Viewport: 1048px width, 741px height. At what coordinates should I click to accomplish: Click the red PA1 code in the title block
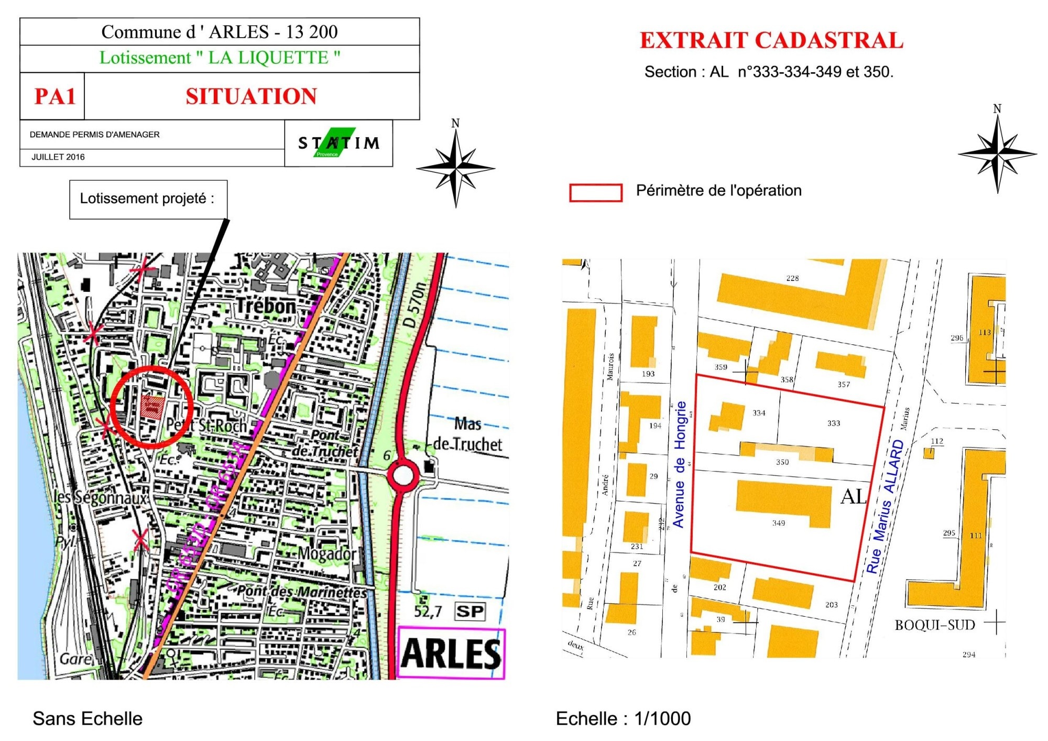click(x=54, y=96)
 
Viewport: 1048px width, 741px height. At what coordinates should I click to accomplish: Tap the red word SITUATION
click(x=251, y=96)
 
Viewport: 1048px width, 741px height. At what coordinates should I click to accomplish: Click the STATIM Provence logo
click(x=339, y=143)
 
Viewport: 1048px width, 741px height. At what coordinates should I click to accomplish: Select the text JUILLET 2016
click(x=58, y=157)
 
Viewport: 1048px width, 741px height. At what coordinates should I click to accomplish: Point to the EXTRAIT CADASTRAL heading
click(x=771, y=41)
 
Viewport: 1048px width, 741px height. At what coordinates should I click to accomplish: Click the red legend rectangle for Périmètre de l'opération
click(x=596, y=192)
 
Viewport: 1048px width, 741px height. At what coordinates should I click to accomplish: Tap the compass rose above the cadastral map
click(x=997, y=153)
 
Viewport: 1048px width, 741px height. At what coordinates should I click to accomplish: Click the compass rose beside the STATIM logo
click(x=455, y=168)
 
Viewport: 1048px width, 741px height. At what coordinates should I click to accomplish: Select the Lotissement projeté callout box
click(x=148, y=199)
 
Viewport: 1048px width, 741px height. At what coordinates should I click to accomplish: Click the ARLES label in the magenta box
click(x=451, y=653)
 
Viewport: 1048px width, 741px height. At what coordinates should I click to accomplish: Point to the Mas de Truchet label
click(x=467, y=434)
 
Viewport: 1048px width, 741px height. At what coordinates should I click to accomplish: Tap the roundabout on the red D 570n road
click(x=402, y=476)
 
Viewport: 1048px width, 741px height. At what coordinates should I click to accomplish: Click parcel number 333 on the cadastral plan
click(x=834, y=423)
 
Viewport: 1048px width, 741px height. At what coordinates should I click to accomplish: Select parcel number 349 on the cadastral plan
click(x=779, y=523)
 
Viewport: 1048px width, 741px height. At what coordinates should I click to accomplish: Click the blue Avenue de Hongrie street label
click(x=679, y=464)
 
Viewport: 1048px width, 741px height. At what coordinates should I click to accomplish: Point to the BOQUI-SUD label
click(x=934, y=625)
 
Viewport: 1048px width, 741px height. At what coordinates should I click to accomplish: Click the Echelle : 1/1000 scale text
click(x=623, y=718)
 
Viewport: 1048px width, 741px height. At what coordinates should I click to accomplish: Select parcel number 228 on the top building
click(x=792, y=278)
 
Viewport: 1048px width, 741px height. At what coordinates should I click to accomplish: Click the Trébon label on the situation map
click(x=266, y=306)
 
